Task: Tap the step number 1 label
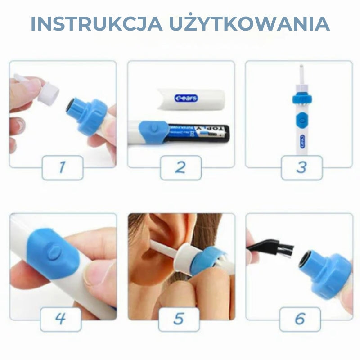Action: [63, 167]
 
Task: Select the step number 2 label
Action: [180, 167]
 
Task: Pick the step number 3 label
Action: [301, 167]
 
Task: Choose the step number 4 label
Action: [61, 319]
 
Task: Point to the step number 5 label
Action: [179, 319]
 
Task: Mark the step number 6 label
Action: [300, 319]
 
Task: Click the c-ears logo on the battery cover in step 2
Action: [186, 98]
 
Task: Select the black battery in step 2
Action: [202, 133]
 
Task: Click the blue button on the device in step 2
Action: [153, 129]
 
